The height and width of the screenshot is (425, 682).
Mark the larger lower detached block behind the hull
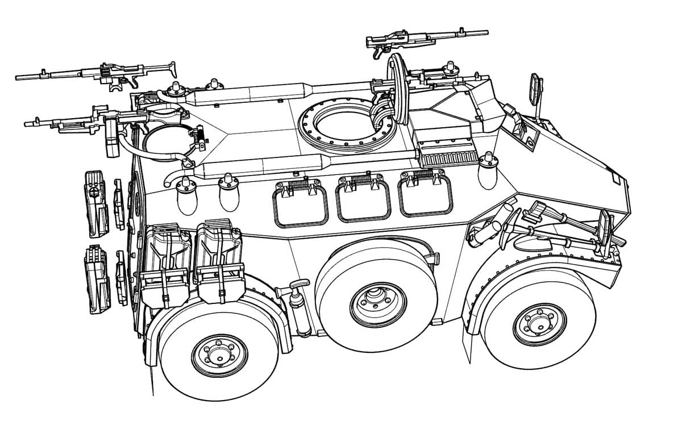[95, 278]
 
